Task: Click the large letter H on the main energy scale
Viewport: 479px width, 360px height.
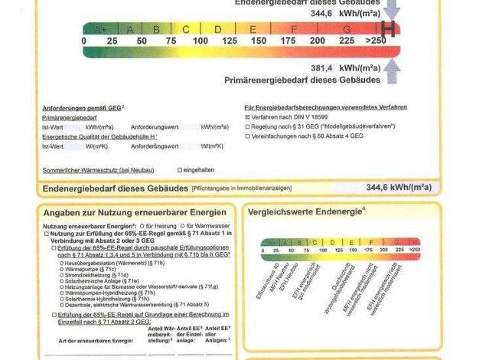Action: (389, 29)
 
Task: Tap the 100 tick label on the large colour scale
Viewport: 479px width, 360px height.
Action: (200, 41)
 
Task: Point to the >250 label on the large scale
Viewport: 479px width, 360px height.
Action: (377, 41)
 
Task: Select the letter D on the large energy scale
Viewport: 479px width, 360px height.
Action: (217, 29)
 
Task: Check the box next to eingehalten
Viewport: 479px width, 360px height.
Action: (180, 169)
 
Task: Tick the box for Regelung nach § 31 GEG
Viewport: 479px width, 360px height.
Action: (247, 126)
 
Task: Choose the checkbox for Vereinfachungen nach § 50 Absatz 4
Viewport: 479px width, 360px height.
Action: (247, 136)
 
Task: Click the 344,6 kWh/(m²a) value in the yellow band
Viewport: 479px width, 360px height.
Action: (399, 187)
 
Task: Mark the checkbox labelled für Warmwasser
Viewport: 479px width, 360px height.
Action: (182, 227)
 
